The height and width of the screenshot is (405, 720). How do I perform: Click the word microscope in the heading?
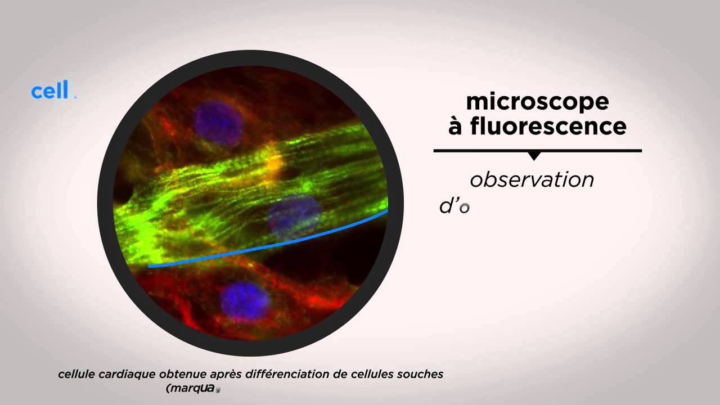click(x=537, y=102)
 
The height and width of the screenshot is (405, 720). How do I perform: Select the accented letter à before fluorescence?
click(x=456, y=126)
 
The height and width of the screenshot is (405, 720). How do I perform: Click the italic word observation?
click(x=532, y=179)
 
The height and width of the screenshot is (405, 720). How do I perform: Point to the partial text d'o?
click(x=454, y=206)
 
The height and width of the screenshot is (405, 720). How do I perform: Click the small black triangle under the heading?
click(x=535, y=156)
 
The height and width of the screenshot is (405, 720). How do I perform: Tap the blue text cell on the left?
click(x=50, y=91)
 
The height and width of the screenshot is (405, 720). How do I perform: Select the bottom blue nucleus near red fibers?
click(x=244, y=300)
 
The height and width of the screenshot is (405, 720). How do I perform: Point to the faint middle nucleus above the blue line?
click(x=294, y=215)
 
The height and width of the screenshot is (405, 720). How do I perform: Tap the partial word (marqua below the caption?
click(x=190, y=388)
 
